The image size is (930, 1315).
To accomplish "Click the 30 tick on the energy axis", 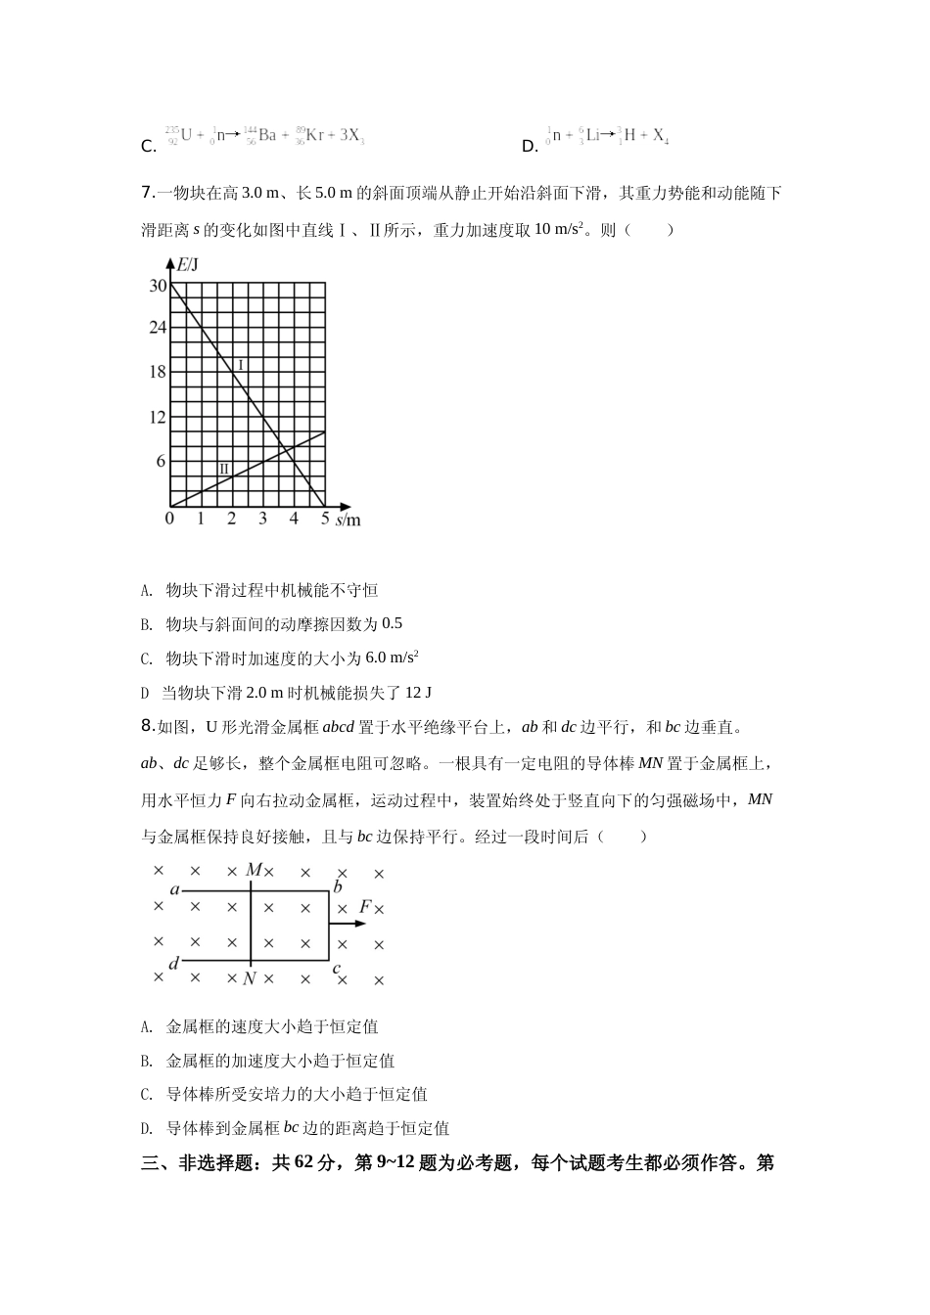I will [x=158, y=286].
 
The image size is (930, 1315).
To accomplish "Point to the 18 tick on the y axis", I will [x=158, y=372].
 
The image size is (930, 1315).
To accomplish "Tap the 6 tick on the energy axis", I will [x=162, y=462].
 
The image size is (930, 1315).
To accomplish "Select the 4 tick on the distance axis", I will [x=294, y=520].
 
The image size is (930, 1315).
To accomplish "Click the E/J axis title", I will [x=187, y=263].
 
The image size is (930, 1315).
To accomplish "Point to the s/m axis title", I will [x=348, y=521].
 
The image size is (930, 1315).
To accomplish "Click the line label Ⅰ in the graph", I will [x=241, y=365].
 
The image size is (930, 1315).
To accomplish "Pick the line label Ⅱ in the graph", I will [x=224, y=469].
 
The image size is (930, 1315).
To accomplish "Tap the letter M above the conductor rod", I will [x=254, y=870].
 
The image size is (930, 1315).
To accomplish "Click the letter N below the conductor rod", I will [x=250, y=978].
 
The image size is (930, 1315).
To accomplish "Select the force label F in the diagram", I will [x=364, y=907].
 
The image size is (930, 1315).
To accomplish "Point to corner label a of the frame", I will [x=175, y=890].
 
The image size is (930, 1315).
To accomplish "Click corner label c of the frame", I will [x=337, y=970].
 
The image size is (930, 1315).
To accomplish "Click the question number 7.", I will [x=147, y=193].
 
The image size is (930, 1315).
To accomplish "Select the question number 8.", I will [x=147, y=726].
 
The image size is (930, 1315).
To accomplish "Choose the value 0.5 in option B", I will [x=392, y=624].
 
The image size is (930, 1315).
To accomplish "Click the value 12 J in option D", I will [x=417, y=693].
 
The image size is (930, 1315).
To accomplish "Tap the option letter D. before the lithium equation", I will [x=531, y=147].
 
